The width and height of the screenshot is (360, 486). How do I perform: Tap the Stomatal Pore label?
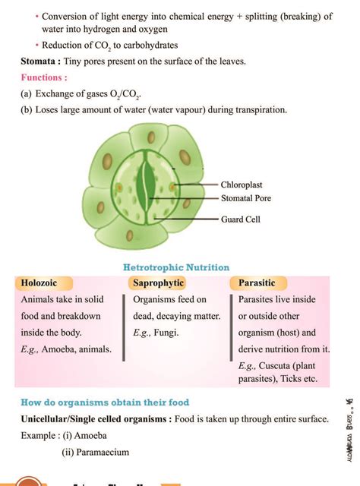(x=245, y=199)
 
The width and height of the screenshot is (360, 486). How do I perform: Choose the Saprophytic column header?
(x=159, y=283)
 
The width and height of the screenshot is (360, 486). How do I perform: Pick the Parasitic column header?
(x=257, y=283)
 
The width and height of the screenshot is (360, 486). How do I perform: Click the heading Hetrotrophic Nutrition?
(x=176, y=267)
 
